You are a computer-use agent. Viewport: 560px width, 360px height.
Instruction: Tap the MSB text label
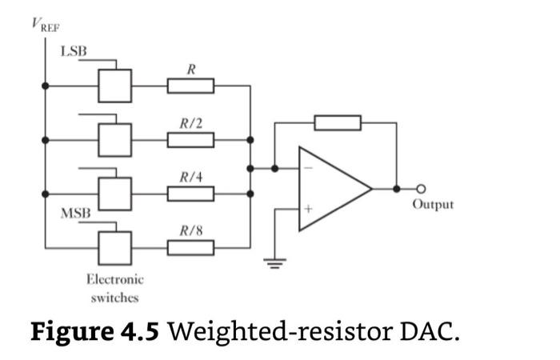(x=75, y=214)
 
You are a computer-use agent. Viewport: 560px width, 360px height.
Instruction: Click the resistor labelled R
(x=190, y=86)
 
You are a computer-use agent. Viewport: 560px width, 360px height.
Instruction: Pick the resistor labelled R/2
(x=190, y=140)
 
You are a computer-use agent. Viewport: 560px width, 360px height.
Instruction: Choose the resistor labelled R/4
(x=190, y=194)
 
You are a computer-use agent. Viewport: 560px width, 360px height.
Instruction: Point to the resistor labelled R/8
(x=190, y=247)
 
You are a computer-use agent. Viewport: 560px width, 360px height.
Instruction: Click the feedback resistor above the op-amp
(x=338, y=123)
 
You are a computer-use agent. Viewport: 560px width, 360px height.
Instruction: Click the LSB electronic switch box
(x=115, y=86)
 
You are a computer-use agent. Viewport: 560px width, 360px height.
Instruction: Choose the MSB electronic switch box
(x=115, y=247)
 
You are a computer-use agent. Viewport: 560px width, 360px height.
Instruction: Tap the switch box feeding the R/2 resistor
(x=115, y=140)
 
